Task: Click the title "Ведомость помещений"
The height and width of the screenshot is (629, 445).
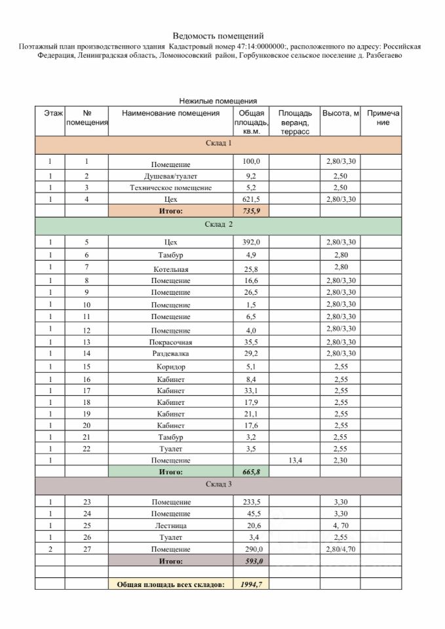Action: pos(218,35)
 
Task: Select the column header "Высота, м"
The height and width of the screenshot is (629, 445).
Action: pos(340,113)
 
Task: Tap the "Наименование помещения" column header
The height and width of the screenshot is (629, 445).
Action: pos(170,113)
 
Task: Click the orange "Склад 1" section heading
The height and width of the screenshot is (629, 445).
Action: pos(218,143)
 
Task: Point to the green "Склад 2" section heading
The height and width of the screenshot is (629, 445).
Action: pos(218,225)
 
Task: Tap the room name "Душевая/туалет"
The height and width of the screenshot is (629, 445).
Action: pos(170,176)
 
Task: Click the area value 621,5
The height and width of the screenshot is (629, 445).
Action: pos(252,199)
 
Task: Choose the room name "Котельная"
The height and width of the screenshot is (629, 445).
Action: pos(170,269)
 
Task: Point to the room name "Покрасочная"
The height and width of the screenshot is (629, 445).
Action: pos(170,343)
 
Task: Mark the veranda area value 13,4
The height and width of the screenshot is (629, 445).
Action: pos(294,461)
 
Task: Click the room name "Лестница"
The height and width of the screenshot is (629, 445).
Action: pos(170,525)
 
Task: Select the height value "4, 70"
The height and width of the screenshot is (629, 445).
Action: pos(340,525)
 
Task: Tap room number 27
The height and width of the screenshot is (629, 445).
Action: pos(87,549)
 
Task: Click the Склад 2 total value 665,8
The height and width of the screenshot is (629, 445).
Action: pos(252,472)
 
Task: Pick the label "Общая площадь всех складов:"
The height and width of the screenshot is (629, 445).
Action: pos(170,583)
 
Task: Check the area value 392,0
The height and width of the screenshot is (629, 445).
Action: pos(252,242)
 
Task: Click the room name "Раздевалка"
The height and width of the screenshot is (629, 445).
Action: pos(170,354)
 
